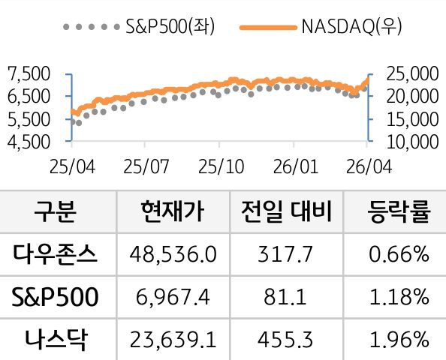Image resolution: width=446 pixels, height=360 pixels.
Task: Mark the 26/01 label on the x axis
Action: [x=294, y=164]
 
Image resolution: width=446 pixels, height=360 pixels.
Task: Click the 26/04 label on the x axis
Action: [x=367, y=164]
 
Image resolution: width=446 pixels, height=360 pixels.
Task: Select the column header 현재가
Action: [x=171, y=212]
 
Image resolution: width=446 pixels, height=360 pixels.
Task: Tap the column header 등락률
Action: [x=399, y=212]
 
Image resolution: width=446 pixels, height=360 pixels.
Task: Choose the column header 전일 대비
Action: [x=285, y=212]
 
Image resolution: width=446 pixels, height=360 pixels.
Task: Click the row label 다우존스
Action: [x=56, y=255]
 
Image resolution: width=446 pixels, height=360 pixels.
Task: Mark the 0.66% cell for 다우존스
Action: [x=399, y=255]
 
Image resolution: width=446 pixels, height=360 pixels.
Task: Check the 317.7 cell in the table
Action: [x=285, y=255]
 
